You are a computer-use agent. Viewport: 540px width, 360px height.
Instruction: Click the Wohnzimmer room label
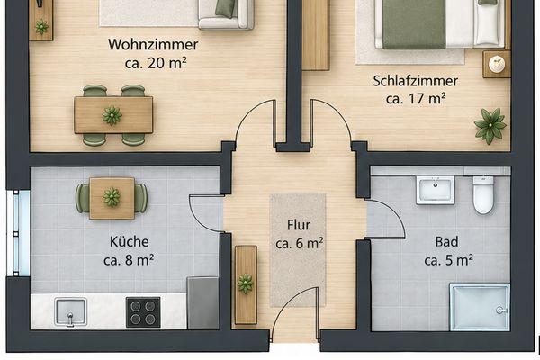tap(153, 45)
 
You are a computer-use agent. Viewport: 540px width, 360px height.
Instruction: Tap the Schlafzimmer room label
tap(415, 81)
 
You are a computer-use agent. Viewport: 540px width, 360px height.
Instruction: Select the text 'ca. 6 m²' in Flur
tap(300, 243)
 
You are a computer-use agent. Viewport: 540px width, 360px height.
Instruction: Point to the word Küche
tap(129, 241)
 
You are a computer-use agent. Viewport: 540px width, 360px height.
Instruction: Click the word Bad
tap(446, 241)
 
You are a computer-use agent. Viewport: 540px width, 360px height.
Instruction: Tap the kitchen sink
tap(70, 312)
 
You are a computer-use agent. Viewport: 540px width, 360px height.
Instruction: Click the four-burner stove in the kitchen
tap(143, 311)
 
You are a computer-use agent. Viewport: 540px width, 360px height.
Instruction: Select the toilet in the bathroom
tap(483, 195)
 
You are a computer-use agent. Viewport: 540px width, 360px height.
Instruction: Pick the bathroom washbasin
tap(435, 191)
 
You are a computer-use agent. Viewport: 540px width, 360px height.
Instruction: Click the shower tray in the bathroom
tap(480, 307)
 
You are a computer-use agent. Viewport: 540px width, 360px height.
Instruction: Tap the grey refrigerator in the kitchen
tap(202, 302)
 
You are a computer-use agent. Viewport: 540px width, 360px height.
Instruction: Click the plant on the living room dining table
tap(112, 115)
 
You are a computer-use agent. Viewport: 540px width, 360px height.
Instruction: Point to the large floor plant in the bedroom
tap(490, 126)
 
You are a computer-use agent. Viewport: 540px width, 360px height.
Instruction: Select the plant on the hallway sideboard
tap(245, 283)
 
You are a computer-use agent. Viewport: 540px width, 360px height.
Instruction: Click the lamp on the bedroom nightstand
tap(497, 64)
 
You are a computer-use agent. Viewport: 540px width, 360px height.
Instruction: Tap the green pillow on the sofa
tap(226, 7)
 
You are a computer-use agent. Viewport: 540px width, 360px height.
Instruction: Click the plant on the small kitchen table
tap(112, 197)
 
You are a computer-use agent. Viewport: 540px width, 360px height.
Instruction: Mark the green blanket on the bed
tap(414, 24)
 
